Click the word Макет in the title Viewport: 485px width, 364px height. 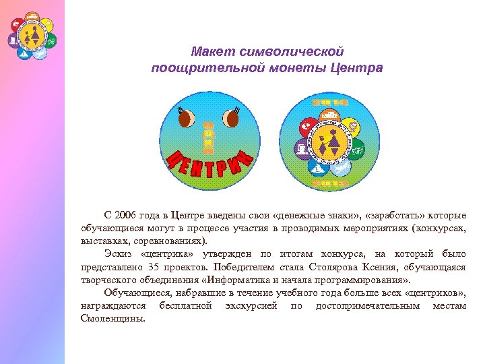click(x=209, y=52)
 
